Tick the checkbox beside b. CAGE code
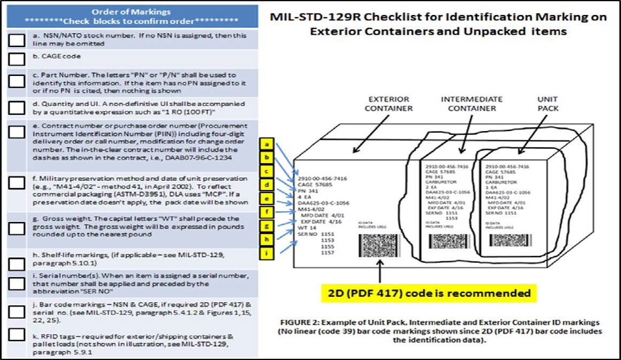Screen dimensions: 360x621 [17, 59]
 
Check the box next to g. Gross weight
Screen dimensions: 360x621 [17, 228]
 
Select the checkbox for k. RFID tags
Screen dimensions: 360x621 [17, 335]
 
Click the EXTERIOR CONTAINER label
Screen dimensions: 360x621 [388, 104]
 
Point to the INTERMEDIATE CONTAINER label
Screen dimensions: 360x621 [472, 104]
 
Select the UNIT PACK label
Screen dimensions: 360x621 [547, 104]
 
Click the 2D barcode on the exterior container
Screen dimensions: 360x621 [379, 244]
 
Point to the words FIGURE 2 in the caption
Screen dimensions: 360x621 [300, 324]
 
